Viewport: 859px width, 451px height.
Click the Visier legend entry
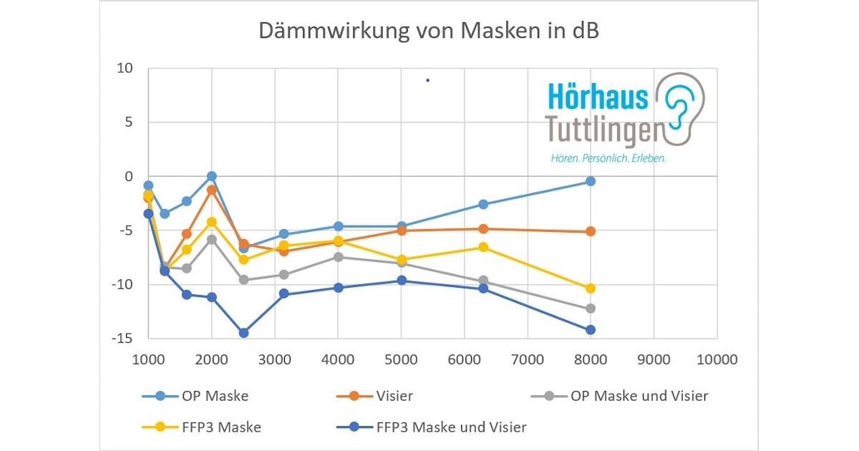coord(394,396)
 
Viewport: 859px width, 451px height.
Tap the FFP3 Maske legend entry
coord(221,427)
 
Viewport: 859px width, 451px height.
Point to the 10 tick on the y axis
coord(126,69)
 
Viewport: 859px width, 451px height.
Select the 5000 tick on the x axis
coord(402,359)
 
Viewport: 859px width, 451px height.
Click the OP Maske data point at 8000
coord(591,181)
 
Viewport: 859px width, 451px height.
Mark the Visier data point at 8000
coord(591,231)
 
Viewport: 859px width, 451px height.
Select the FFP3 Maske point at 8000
coord(591,288)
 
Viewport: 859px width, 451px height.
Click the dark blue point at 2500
coord(243,333)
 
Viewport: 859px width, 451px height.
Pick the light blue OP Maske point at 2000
coord(212,176)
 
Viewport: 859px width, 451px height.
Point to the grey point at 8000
coord(591,309)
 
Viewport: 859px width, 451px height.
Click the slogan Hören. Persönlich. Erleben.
coord(608,158)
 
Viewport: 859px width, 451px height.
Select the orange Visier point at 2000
coord(212,190)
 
